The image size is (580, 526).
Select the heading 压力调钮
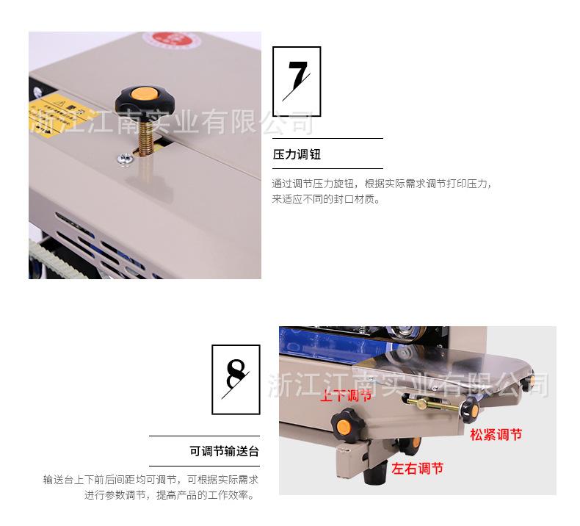coord(297,155)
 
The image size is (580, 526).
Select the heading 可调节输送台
coord(225,451)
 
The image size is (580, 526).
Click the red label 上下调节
coord(346,395)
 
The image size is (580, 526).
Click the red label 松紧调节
coord(496,434)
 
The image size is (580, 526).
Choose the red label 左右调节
coord(417,468)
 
